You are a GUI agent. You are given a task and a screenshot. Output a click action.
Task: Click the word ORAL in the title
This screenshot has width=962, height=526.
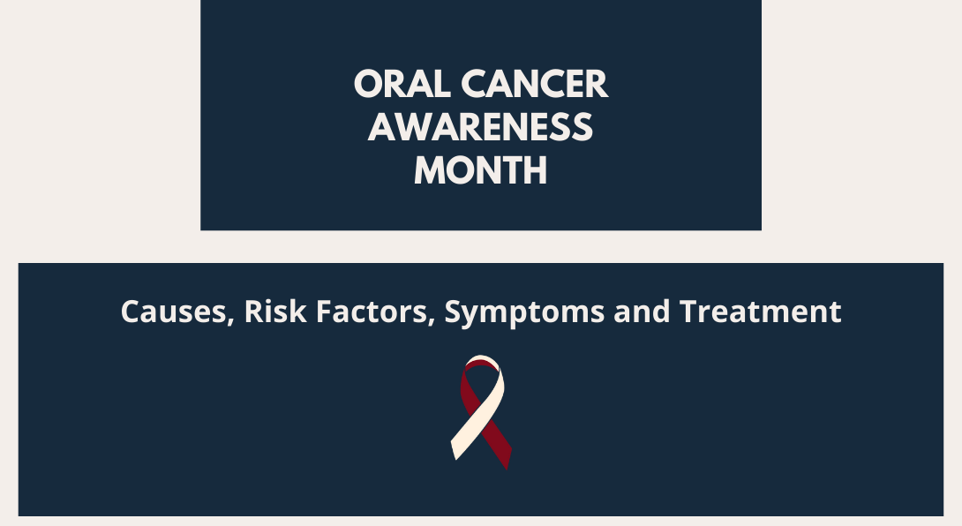coord(402,84)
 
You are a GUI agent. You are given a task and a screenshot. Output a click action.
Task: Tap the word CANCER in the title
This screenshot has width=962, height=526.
coord(534,84)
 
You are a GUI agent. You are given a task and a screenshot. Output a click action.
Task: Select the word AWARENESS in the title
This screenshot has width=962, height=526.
coord(480,127)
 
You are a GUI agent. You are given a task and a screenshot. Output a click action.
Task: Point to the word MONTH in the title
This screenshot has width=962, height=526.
coord(480,170)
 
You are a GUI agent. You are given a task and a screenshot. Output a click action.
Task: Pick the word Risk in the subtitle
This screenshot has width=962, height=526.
coord(275,311)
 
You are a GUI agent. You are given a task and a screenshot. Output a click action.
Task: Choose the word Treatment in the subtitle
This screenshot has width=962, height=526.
coord(760,311)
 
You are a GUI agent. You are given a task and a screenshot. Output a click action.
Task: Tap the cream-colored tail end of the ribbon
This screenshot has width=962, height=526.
coord(458,448)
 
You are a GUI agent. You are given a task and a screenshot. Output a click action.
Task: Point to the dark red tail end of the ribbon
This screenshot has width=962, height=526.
coord(505,455)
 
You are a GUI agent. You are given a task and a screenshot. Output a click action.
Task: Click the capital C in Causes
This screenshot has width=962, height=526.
coord(132,312)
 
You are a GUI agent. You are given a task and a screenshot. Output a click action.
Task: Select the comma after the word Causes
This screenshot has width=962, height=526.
coord(231,321)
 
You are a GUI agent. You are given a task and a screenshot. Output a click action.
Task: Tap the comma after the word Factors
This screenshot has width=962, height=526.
coord(431,321)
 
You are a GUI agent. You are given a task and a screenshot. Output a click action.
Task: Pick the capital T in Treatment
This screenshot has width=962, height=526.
coord(689,312)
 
